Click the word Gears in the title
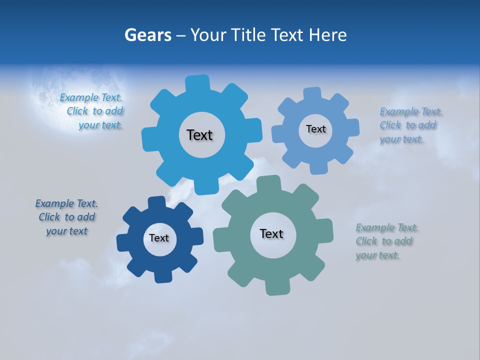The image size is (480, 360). (x=148, y=35)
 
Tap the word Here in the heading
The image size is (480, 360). (x=327, y=35)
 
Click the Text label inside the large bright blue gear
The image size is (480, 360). (x=199, y=135)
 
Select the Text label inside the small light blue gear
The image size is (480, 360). (x=315, y=129)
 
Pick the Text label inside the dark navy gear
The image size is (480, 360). (x=159, y=238)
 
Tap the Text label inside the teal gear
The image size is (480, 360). (x=271, y=234)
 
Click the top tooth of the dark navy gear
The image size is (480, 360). (x=157, y=202)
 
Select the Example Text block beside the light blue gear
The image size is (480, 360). (x=410, y=125)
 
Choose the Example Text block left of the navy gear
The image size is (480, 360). (x=66, y=217)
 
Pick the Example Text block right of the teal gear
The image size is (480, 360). (x=386, y=241)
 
